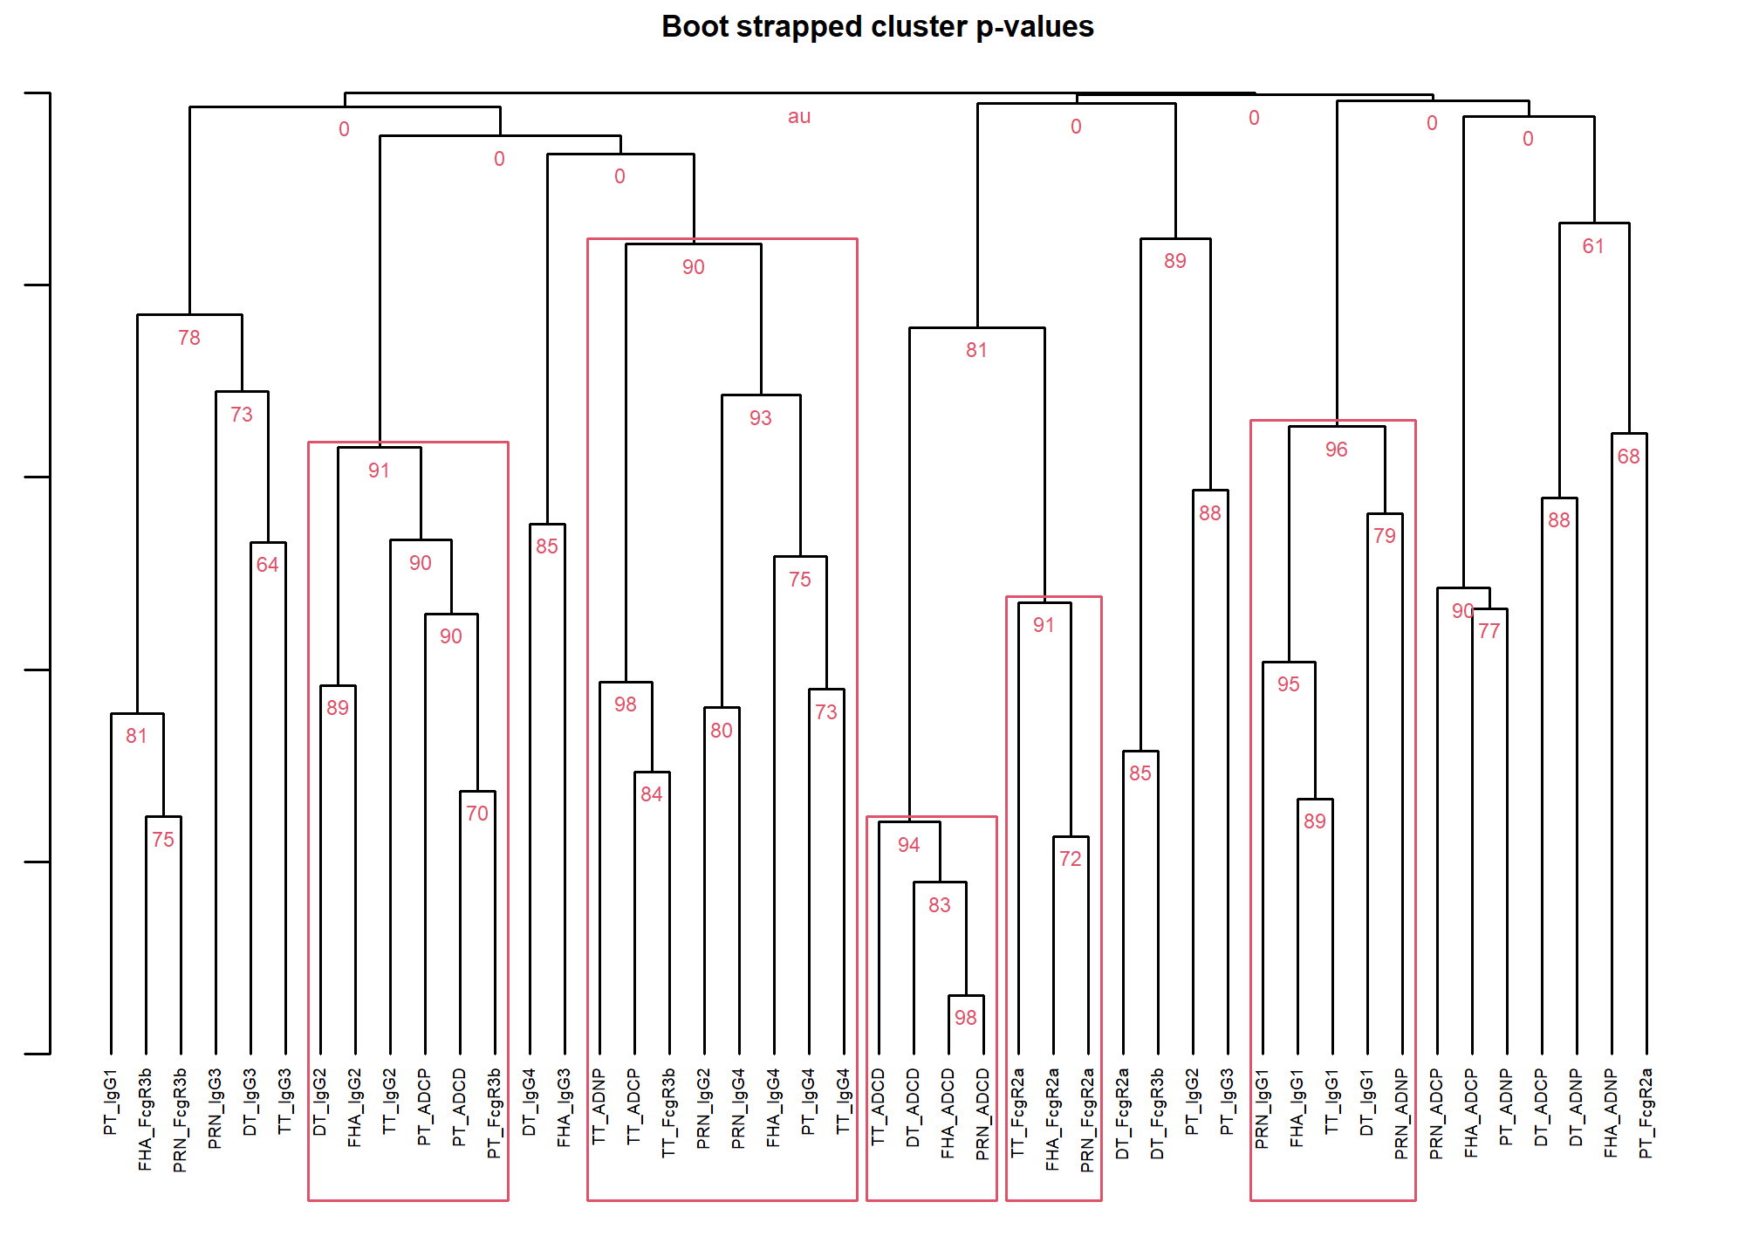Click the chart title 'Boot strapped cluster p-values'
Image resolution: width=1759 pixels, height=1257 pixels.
click(x=877, y=27)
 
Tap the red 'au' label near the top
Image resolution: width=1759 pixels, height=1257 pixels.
click(x=799, y=117)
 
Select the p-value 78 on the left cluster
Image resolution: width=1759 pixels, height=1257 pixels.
click(x=189, y=338)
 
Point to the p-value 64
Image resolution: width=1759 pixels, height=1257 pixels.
click(x=268, y=565)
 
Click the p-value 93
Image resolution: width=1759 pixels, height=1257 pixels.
click(x=761, y=418)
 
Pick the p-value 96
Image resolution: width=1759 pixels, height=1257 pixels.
click(x=1337, y=450)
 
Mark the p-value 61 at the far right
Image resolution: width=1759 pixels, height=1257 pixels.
click(x=1593, y=246)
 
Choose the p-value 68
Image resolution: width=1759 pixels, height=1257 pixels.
click(x=1629, y=457)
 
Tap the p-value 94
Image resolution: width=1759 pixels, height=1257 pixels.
click(x=909, y=845)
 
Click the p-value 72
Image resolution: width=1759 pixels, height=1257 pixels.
click(x=1071, y=859)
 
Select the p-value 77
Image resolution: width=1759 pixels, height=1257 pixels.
click(x=1489, y=631)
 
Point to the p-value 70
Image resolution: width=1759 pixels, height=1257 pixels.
click(x=477, y=814)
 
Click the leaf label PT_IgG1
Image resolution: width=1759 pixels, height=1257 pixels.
click(x=110, y=1102)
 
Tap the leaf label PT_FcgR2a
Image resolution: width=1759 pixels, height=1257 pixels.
click(x=1646, y=1113)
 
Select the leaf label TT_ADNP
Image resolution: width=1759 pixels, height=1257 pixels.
click(x=599, y=1107)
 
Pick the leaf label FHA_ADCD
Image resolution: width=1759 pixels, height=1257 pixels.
click(x=948, y=1113)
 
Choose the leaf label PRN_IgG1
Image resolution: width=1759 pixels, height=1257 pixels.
click(x=1262, y=1108)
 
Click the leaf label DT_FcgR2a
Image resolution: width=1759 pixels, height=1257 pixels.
click(x=1122, y=1114)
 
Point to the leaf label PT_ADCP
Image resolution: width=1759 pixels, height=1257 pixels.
click(x=424, y=1107)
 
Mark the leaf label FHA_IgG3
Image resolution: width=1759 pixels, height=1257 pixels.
click(x=564, y=1108)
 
